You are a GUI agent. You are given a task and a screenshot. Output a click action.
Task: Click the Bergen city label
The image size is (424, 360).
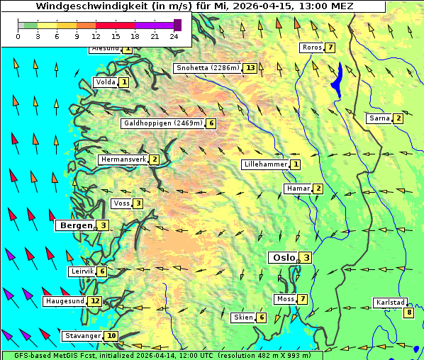[75, 225]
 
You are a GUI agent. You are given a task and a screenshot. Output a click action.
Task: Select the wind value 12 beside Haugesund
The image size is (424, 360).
[95, 301]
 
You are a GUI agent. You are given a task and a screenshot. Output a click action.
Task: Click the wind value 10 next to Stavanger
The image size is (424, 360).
[111, 336]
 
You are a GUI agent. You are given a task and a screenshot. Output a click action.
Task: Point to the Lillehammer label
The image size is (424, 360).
[265, 164]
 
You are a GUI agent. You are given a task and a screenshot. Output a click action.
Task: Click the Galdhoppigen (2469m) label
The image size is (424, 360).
[163, 123]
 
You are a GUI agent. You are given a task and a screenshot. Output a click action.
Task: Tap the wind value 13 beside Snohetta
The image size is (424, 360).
[250, 68]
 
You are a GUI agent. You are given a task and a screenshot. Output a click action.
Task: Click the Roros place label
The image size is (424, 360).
[312, 47]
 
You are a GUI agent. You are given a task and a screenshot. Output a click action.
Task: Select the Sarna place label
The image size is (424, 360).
[379, 118]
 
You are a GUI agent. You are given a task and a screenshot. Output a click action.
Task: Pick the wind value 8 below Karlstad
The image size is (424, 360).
[408, 313]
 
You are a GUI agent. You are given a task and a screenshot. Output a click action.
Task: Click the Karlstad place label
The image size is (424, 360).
[389, 303]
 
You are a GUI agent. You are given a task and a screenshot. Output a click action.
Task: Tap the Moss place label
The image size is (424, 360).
[285, 299]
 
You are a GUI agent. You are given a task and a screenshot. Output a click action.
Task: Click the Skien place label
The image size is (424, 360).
[243, 317]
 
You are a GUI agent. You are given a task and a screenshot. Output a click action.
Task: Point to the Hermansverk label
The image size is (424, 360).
[123, 159]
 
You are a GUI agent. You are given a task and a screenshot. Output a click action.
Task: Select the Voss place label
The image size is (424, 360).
[121, 203]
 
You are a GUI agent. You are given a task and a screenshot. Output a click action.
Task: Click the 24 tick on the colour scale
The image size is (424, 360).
[174, 36]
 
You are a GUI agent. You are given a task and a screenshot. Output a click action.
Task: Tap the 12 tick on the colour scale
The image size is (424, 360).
[96, 36]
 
